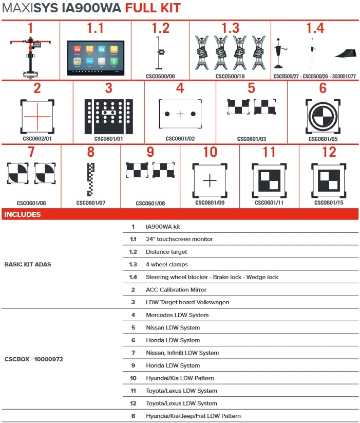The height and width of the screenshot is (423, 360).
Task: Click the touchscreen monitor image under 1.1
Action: coord(96,57)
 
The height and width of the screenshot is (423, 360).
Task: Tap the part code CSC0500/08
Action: coord(160,76)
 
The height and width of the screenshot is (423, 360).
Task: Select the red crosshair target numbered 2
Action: coord(37,116)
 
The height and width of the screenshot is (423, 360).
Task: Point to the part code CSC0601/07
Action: coord(90,203)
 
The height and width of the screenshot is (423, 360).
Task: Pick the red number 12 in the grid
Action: coord(329,152)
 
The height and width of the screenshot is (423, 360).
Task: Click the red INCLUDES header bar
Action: coord(180,214)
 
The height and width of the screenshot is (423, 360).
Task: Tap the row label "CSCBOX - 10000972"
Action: coord(33,359)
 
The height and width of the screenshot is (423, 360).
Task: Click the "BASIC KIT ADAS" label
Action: coord(28,264)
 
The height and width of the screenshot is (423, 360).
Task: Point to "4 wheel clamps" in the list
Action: coord(167,264)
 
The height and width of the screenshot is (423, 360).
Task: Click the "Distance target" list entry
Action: coord(166,252)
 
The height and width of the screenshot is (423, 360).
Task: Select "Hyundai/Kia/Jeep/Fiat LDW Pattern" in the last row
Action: coord(193,416)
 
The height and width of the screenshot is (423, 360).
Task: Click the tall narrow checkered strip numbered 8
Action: coord(91,179)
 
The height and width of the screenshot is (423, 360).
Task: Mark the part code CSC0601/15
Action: coord(329,203)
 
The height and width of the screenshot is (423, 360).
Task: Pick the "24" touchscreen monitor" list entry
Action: coord(179,239)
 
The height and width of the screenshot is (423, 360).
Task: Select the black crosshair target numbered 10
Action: coord(210,181)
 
